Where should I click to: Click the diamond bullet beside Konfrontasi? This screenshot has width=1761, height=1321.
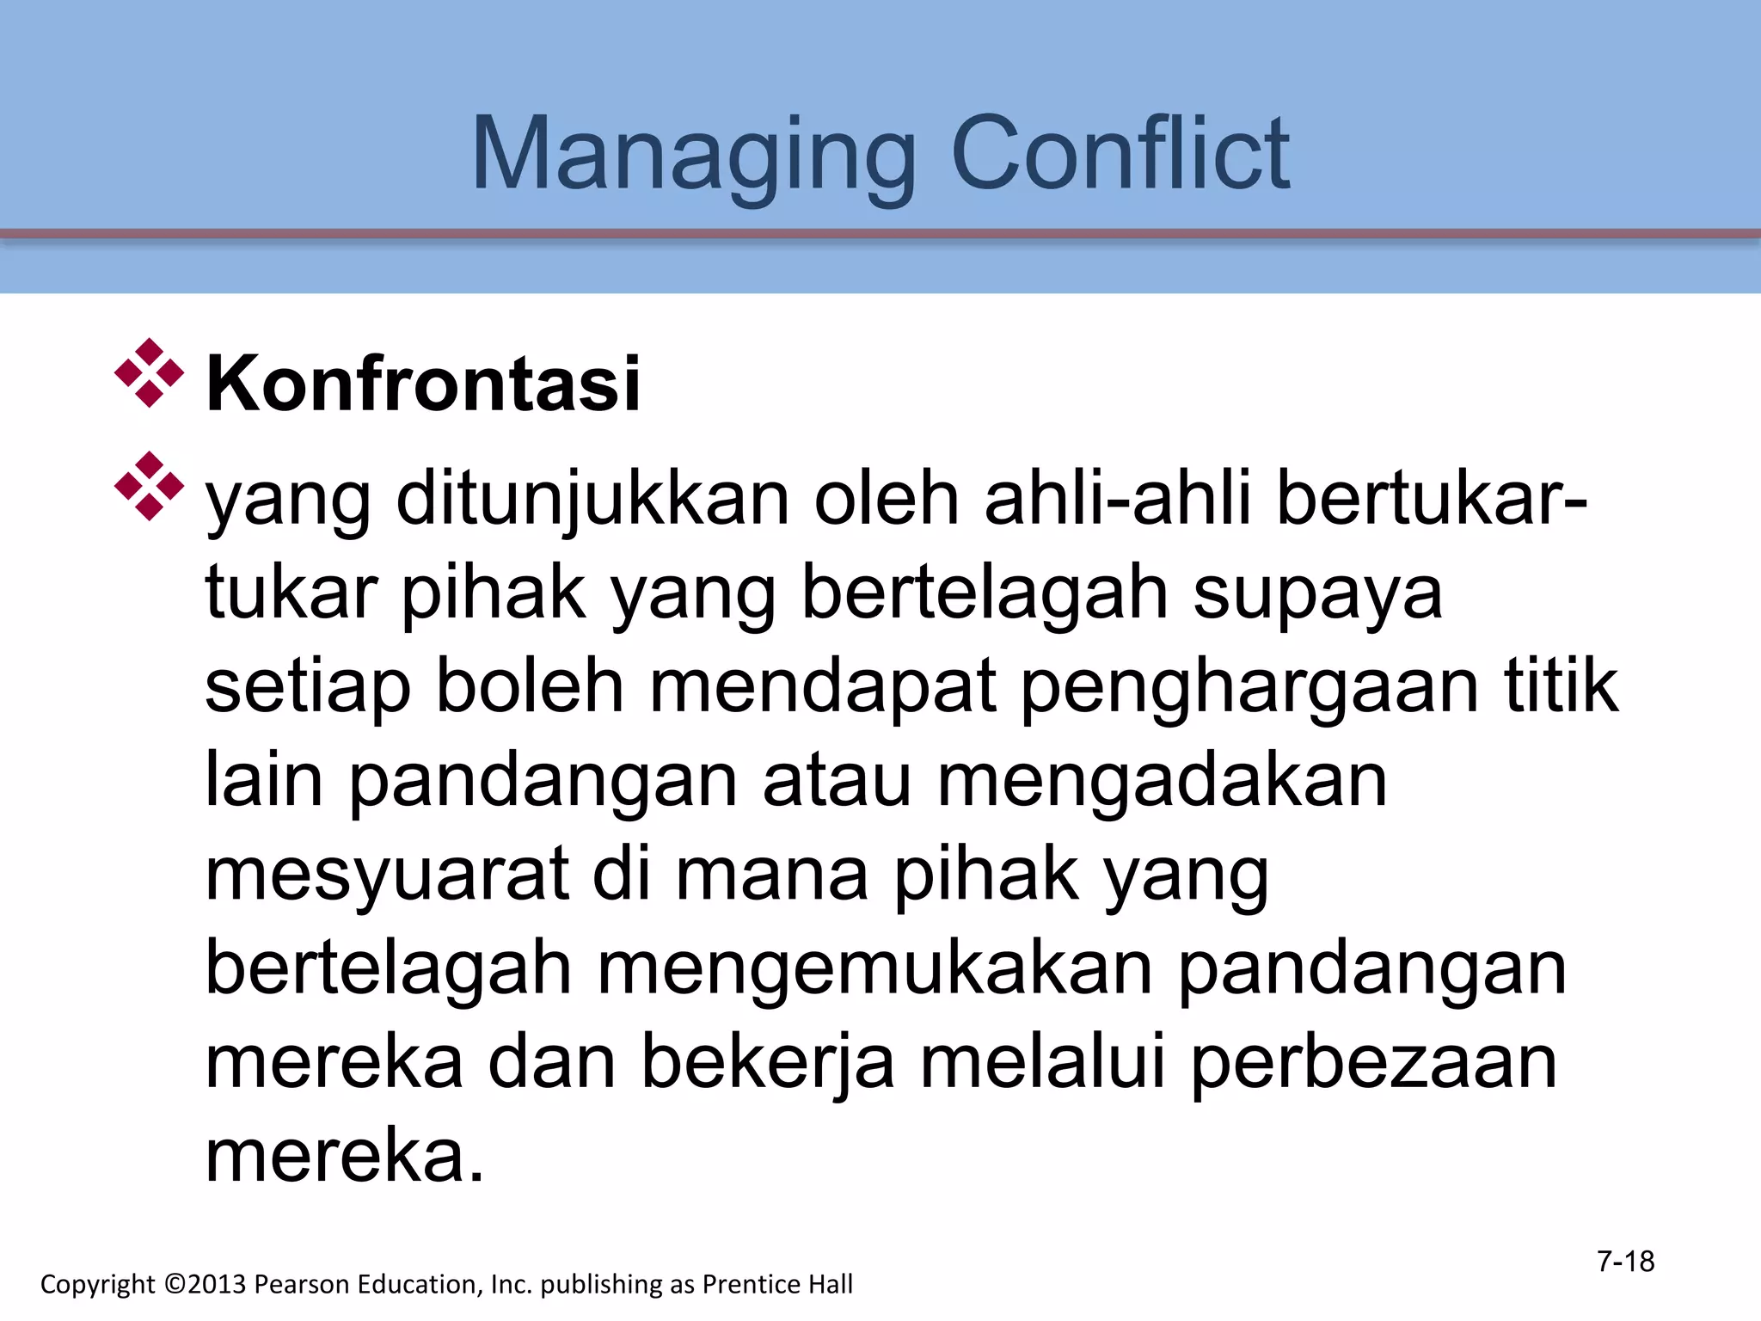coord(149,373)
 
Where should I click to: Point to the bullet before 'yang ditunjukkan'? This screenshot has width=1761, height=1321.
coord(149,486)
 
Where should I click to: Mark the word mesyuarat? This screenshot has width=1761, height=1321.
coord(387,876)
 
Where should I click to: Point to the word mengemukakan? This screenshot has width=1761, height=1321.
coord(874,970)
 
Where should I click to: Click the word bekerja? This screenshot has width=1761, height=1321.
coord(768,1064)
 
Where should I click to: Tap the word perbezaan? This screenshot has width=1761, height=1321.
coord(1373,1064)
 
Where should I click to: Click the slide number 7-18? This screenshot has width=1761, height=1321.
coord(1625,1261)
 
